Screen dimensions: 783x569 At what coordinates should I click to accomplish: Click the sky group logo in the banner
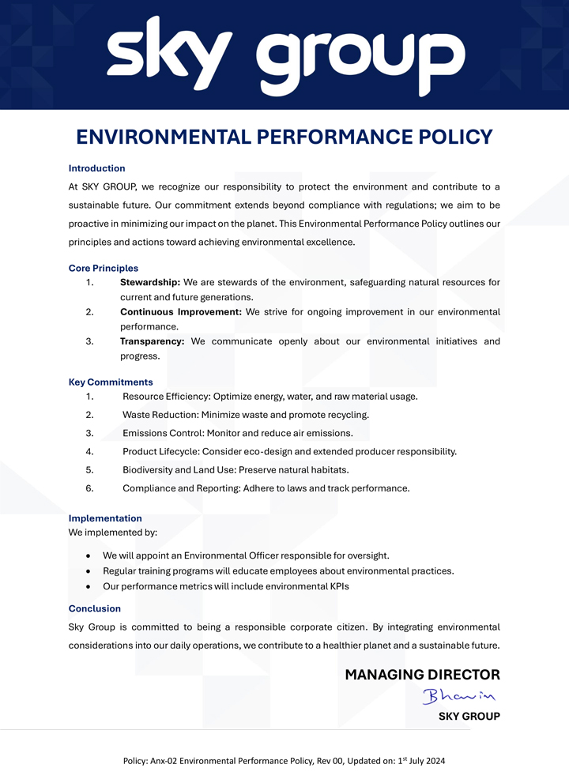(x=284, y=57)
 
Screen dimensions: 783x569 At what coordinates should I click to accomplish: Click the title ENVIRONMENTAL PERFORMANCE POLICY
(x=284, y=137)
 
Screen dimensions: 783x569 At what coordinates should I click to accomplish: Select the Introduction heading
(x=96, y=168)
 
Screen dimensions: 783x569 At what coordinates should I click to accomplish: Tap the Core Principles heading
(x=104, y=269)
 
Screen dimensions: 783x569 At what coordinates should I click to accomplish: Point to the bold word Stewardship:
(x=150, y=283)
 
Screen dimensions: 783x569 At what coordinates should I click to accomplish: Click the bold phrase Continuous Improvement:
(x=181, y=312)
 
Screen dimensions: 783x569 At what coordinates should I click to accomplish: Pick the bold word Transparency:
(x=152, y=341)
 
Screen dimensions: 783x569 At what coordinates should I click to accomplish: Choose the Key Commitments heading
(x=111, y=382)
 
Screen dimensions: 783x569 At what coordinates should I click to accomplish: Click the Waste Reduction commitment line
(x=246, y=415)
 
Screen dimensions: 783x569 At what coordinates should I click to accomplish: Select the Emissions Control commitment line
(x=237, y=433)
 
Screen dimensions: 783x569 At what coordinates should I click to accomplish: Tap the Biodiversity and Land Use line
(x=236, y=470)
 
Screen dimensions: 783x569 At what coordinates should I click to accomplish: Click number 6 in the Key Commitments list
(x=90, y=488)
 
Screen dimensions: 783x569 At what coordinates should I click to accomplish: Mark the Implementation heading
(x=105, y=518)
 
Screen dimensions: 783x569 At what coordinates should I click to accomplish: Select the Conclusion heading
(x=95, y=608)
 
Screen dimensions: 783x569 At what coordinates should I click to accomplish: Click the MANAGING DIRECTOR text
(x=422, y=675)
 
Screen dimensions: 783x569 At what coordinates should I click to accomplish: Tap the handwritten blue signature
(x=458, y=696)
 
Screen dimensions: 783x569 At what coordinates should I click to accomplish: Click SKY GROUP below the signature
(x=469, y=717)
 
